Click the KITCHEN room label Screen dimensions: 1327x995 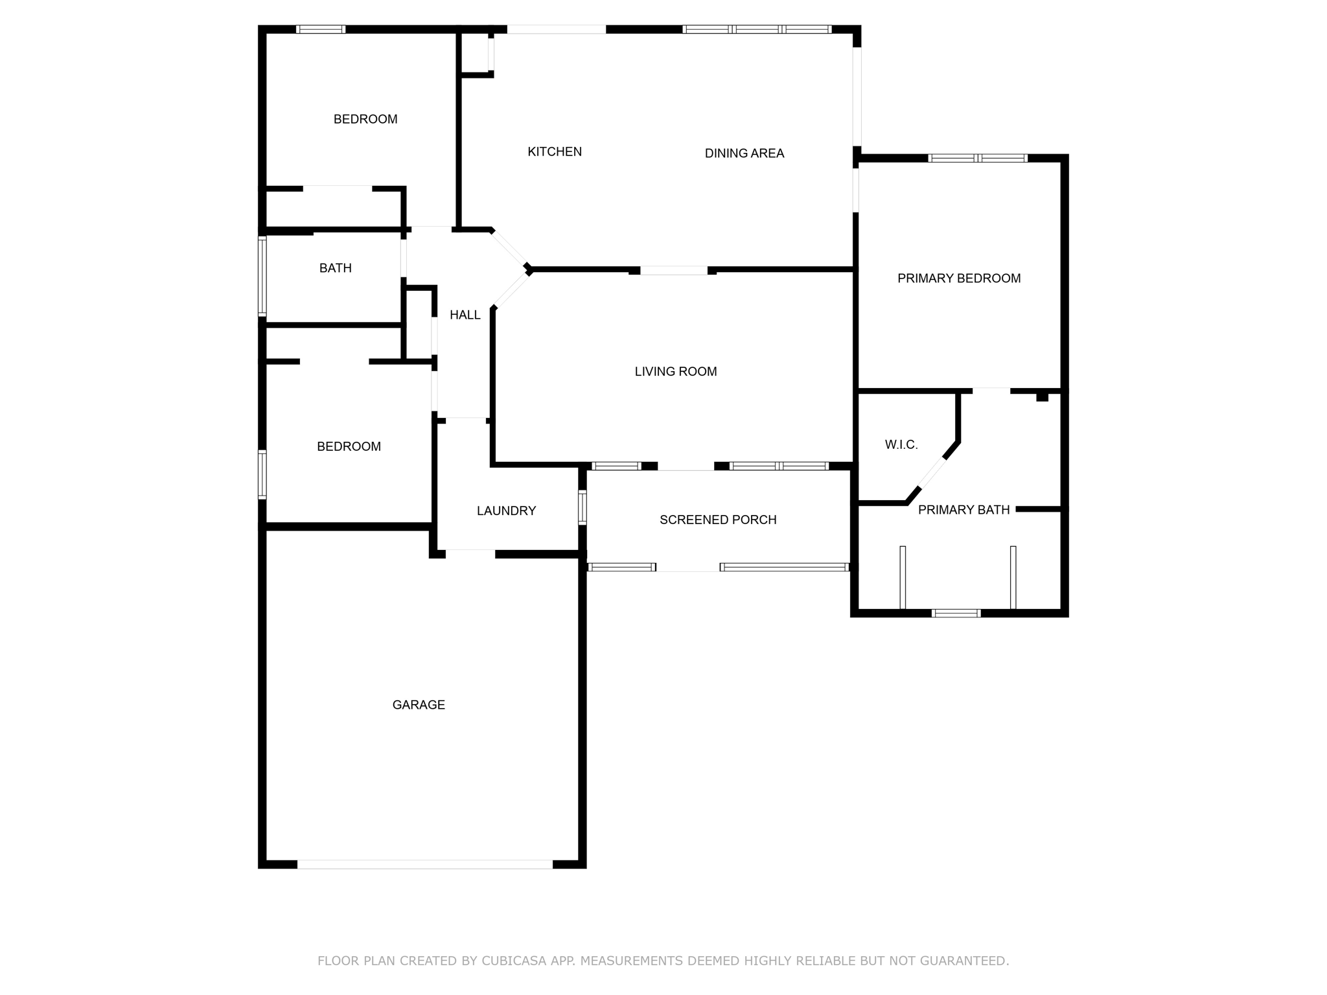coord(555,152)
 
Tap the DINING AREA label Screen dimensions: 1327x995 coord(744,154)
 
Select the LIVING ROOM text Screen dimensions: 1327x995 coord(676,372)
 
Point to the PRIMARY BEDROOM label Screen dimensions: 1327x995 coord(959,279)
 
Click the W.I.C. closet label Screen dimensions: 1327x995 coord(901,445)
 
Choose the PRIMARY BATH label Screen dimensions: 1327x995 coord(964,510)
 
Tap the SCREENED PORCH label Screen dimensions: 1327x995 coord(718,520)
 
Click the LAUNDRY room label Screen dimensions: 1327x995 coord(506,511)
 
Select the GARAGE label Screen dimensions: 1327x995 coord(419,705)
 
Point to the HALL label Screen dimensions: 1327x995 coord(465,315)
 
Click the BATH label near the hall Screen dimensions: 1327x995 coord(336,268)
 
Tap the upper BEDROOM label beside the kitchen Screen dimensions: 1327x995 coord(365,119)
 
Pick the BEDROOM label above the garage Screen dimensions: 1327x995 coord(349,447)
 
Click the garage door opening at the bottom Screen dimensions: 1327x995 coord(425,864)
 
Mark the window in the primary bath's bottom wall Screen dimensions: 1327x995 coord(956,613)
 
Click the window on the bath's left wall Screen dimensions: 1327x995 coord(262,277)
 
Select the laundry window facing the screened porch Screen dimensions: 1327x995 coord(583,507)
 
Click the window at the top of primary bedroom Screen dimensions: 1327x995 coord(978,158)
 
